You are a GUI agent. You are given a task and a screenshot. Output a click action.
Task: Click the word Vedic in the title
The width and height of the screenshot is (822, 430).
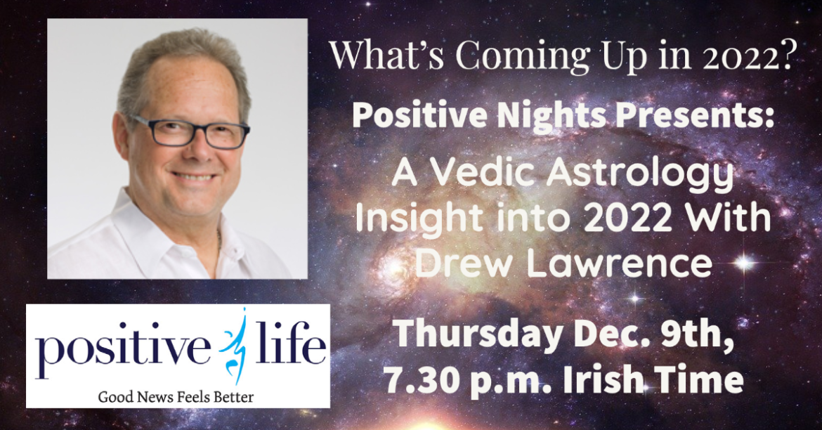(480, 174)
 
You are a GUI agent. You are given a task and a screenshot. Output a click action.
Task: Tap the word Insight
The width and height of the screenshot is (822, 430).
(419, 220)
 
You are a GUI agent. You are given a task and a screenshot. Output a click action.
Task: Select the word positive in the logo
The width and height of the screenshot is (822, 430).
(123, 351)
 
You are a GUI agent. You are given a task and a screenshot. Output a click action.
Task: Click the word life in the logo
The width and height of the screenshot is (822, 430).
(290, 345)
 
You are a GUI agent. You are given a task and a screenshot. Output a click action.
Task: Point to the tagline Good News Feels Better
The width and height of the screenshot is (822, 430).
(176, 396)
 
